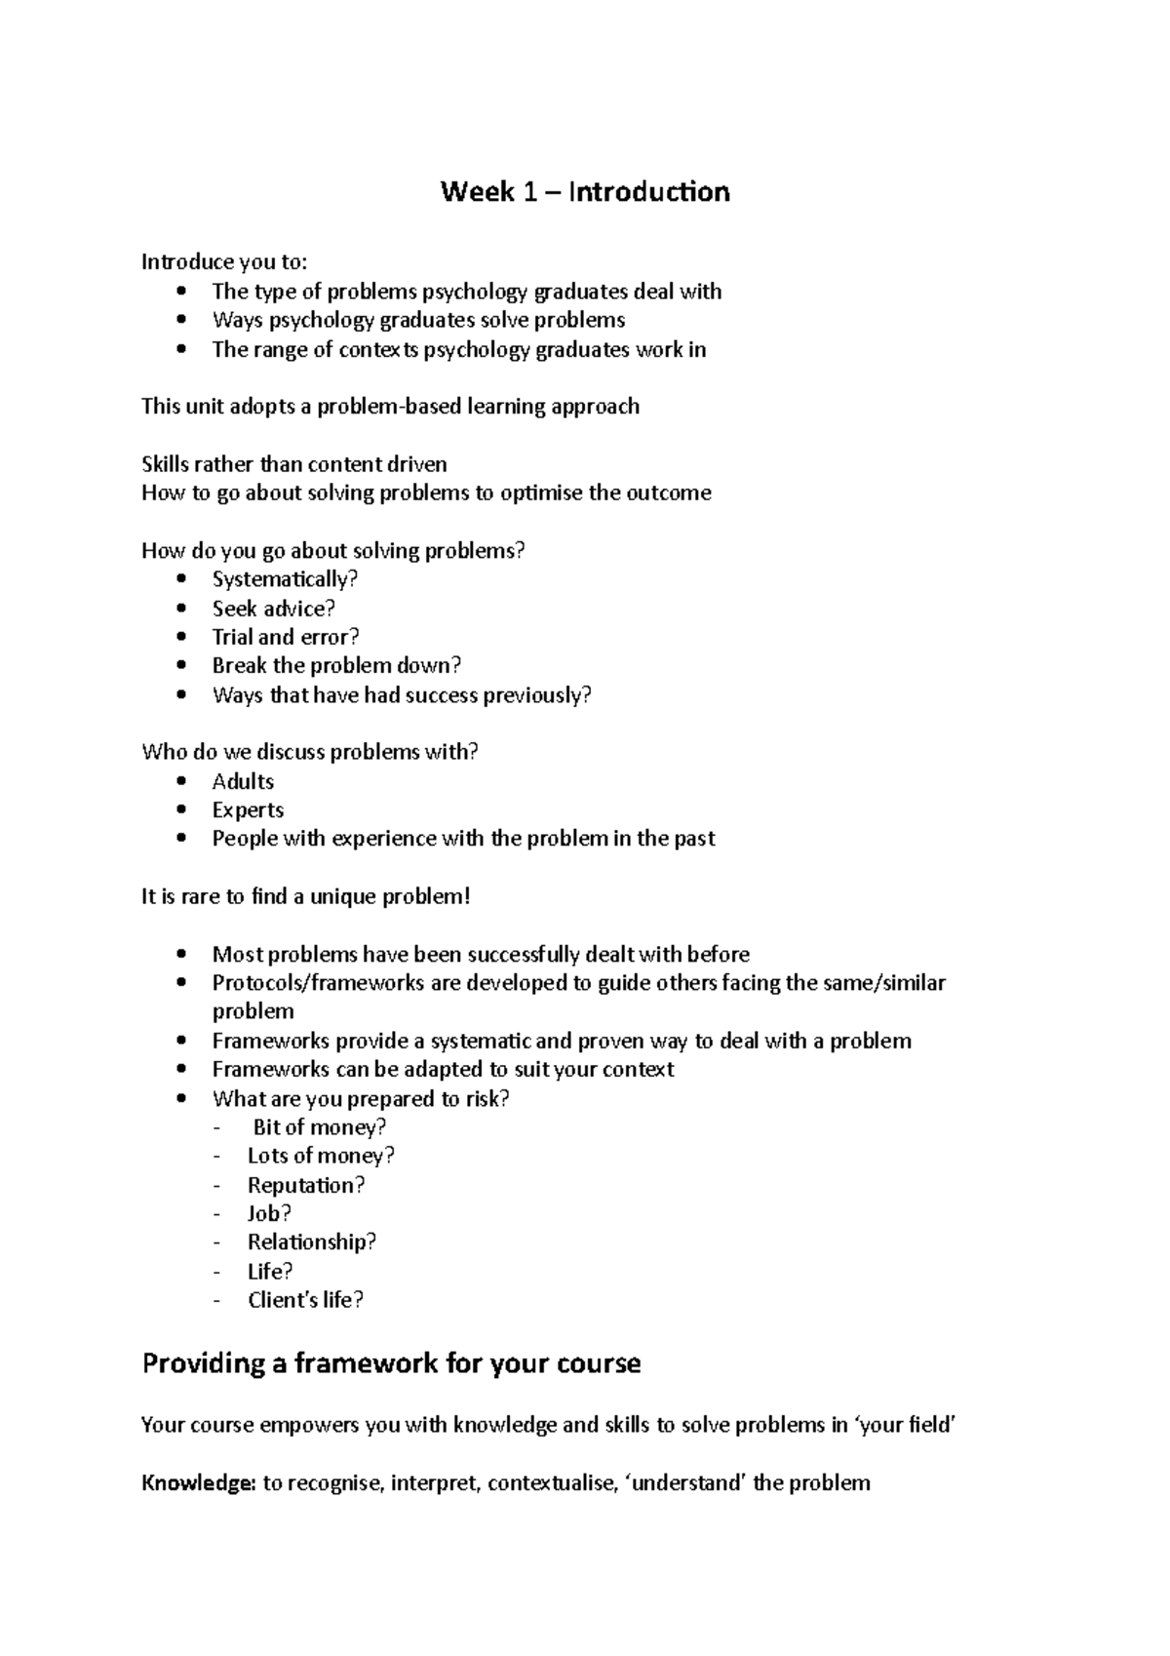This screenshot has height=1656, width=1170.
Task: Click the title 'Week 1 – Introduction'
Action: coord(584,192)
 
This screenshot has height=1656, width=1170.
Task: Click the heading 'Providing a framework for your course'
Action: coord(391,1362)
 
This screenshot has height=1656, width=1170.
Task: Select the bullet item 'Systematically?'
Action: coord(285,579)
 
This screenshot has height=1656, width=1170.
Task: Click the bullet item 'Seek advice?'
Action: coord(273,609)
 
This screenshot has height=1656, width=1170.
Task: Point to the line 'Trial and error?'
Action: coord(286,637)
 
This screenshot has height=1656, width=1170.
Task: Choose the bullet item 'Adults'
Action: coord(243,781)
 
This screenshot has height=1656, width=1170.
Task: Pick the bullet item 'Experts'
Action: coord(248,809)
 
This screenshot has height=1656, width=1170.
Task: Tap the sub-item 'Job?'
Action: coord(269,1213)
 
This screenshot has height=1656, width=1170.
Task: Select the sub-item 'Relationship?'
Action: coord(311,1242)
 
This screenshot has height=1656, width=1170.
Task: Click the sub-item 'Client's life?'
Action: coord(304,1299)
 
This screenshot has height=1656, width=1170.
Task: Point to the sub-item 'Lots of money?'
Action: coord(321,1156)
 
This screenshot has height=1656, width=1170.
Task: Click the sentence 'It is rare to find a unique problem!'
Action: coord(305,896)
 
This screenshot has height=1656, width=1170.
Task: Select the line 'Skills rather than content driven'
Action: coord(293,464)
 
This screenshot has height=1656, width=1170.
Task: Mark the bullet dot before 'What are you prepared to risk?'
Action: coord(182,1098)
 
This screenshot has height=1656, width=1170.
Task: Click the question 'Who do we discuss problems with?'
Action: coord(310,752)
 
